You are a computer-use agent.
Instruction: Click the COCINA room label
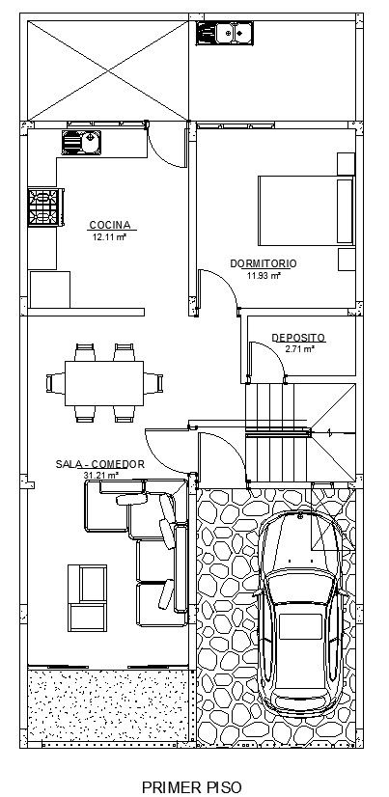[110, 225]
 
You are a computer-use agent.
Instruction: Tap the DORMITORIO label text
[264, 263]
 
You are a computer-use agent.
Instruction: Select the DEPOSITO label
[298, 338]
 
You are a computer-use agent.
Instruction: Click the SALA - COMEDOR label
[100, 464]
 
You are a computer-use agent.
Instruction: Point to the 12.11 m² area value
[109, 236]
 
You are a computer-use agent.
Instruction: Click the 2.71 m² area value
[300, 349]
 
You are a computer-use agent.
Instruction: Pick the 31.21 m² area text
[100, 476]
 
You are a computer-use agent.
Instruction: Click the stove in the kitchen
[45, 206]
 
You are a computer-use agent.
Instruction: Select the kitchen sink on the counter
[81, 143]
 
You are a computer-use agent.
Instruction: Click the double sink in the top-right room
[224, 34]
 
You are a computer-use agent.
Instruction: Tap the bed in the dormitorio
[306, 210]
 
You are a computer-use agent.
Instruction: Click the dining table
[104, 383]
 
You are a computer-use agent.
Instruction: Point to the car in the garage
[299, 614]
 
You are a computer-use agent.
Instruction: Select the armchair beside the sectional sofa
[88, 598]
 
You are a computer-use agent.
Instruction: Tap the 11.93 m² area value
[264, 276]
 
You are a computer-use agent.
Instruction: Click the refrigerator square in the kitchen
[50, 289]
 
